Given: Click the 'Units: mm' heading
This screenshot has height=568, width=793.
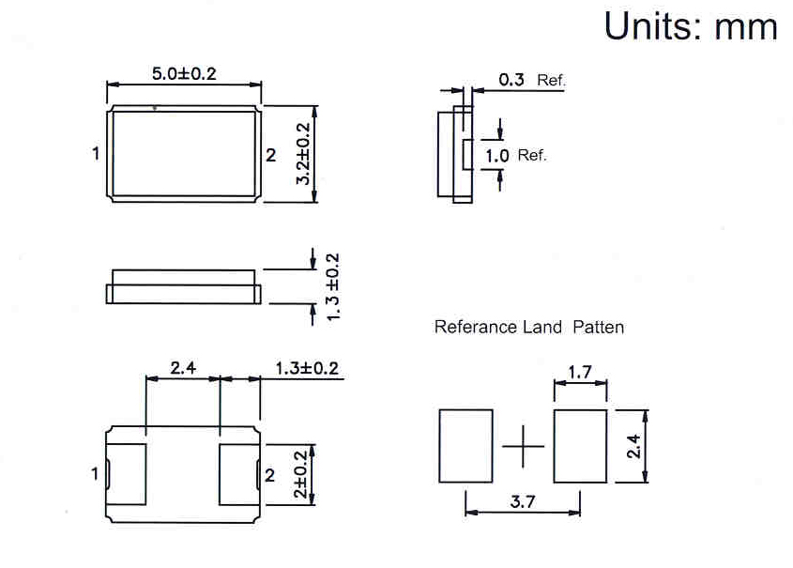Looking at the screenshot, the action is (691, 26).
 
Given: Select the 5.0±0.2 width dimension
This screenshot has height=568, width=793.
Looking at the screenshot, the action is (184, 74).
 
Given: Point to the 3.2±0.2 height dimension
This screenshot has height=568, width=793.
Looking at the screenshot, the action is (302, 154).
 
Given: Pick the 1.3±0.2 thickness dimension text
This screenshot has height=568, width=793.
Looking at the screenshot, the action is (332, 286).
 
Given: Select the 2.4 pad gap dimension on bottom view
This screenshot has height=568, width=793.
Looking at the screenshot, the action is (183, 368).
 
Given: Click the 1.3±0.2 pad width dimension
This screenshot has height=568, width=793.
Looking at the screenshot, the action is (307, 368).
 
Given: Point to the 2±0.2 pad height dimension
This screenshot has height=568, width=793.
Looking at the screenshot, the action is (300, 474).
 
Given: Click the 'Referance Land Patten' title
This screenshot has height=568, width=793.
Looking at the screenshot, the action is (529, 328).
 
